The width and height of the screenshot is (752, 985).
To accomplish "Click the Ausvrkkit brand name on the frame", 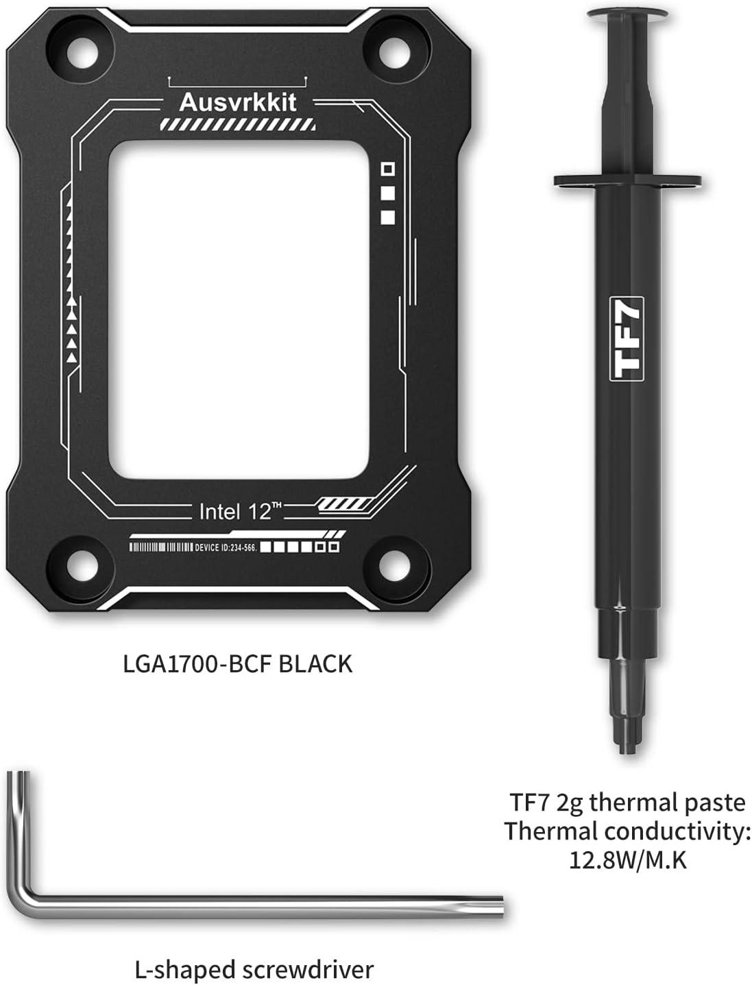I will coord(238,102).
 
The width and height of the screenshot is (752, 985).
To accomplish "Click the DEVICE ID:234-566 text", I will coord(226,547).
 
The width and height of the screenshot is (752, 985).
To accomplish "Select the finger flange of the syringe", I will coord(627,182).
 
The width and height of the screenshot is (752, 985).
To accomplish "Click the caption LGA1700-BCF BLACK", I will coord(237,664).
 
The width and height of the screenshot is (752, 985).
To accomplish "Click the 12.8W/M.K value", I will coord(628,860).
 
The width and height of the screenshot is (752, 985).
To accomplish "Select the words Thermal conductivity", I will coord(627,831).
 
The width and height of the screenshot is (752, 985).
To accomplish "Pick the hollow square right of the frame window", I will coord(388,169).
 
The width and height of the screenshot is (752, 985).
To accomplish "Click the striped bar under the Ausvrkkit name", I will coord(238,124).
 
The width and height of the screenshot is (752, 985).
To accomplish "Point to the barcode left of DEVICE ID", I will coord(161,547).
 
